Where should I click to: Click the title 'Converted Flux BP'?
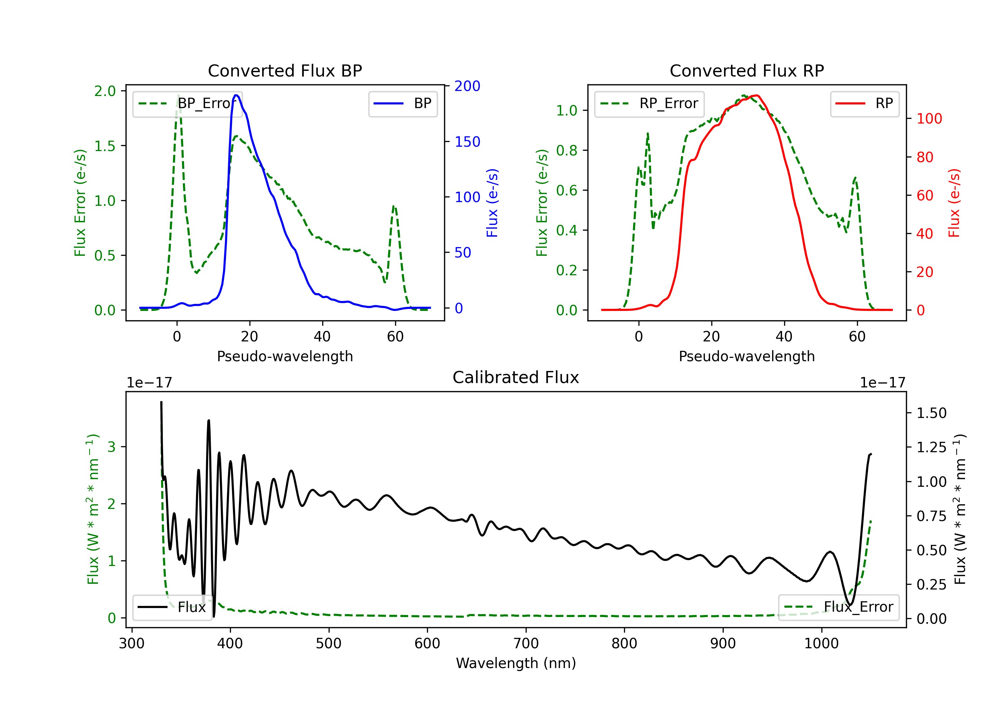pos(285,70)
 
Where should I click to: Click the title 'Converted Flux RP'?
pos(747,70)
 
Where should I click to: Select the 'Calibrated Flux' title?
pos(516,377)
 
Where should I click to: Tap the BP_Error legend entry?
pos(187,103)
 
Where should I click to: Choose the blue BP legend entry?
pos(402,103)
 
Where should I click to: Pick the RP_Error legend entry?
pos(649,103)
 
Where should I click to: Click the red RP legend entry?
pos(864,103)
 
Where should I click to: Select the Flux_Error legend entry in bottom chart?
pos(838,607)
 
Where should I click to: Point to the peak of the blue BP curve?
pos(236,95)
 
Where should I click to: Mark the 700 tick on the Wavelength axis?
pos(526,644)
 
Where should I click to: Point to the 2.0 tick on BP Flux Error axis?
pos(105,91)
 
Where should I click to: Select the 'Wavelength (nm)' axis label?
pos(516,663)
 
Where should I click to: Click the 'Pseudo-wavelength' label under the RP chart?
pos(747,356)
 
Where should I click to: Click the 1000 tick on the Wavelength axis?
pos(821,644)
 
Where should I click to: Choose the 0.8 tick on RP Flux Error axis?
pos(567,150)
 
